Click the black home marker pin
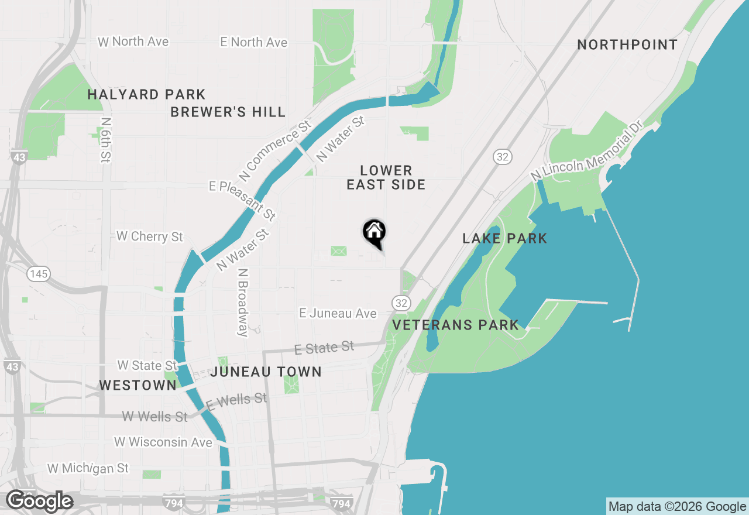coord(374,232)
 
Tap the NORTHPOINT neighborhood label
coord(627,45)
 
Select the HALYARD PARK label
coord(146,94)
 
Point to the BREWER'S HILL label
coord(228,112)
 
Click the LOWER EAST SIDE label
coord(386,177)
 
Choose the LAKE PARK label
coord(504,238)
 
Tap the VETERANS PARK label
coord(455,325)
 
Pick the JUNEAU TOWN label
coord(266,372)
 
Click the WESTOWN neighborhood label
coord(138,384)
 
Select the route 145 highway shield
coord(39,273)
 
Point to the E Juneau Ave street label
coord(338,314)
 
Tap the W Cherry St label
coord(150,236)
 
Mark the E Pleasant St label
coord(242,201)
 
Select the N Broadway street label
coord(243,303)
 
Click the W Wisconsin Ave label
coord(163,442)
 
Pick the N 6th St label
coord(106,140)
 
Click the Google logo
coord(39,501)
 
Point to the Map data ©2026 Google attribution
coord(677,506)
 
